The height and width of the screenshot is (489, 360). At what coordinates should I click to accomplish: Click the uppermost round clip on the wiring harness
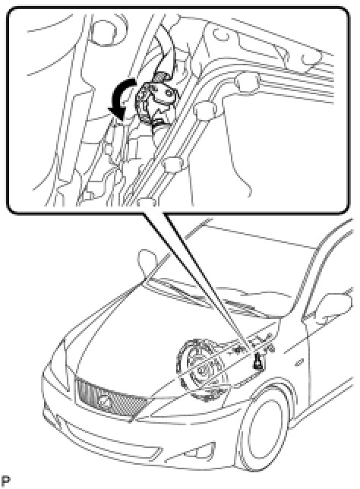pyautogui.click(x=248, y=82)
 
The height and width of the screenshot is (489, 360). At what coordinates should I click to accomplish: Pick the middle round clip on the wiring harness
pyautogui.click(x=204, y=110)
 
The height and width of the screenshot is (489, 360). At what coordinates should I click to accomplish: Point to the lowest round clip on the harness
pyautogui.click(x=172, y=164)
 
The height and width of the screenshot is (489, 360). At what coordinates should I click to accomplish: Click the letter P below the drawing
pyautogui.click(x=5, y=481)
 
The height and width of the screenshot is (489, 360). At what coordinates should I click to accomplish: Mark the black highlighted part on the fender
pyautogui.click(x=258, y=361)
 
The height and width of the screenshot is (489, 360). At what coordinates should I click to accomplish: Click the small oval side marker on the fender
pyautogui.click(x=299, y=363)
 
